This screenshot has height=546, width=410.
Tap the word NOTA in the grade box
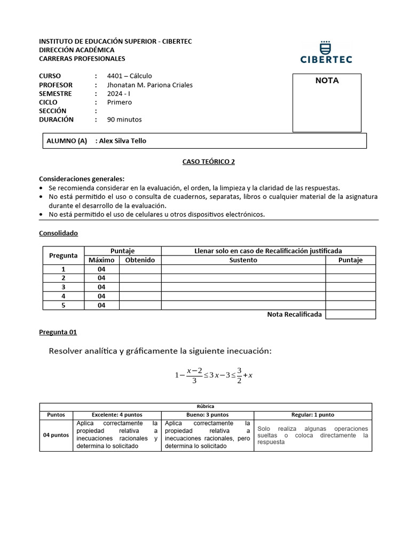tap(327, 81)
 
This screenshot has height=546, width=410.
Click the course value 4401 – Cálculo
tap(129, 76)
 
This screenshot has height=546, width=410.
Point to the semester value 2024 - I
tap(119, 94)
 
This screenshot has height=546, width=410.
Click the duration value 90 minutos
tap(124, 119)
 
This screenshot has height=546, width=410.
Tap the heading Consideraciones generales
tap(82, 179)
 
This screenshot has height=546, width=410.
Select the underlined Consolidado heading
tap(59, 233)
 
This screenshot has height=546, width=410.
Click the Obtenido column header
tap(140, 260)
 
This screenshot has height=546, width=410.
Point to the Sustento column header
tap(243, 260)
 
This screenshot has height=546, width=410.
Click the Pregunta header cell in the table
tap(64, 255)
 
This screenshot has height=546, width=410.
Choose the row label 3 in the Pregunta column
tap(64, 287)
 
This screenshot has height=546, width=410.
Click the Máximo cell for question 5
tap(101, 306)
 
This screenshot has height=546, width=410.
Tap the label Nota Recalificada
tap(294, 315)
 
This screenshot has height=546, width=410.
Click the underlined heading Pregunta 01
tap(58, 332)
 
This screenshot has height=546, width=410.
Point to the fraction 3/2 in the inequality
tap(240, 374)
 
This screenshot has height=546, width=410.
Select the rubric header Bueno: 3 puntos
tap(207, 414)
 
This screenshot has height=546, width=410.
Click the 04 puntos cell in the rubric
tap(56, 435)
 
